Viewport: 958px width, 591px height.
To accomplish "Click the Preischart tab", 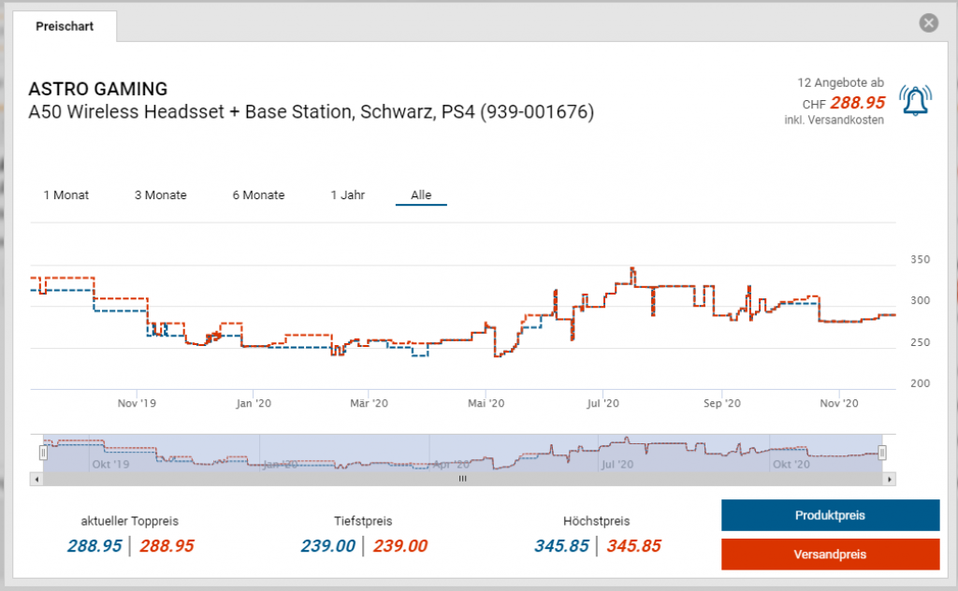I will [x=65, y=26].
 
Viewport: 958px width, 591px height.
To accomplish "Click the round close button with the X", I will [x=928, y=23].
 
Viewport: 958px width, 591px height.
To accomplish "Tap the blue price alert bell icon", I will [x=916, y=101].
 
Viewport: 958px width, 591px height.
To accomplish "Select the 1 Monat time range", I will [x=66, y=195].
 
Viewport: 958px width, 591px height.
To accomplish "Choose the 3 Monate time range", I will [x=160, y=195].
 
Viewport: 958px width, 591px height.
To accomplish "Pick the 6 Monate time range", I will [x=258, y=195].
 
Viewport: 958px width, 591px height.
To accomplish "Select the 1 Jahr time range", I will [x=347, y=195].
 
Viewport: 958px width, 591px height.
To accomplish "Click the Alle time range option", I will [x=421, y=195].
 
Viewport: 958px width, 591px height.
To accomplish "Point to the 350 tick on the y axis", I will [x=921, y=259].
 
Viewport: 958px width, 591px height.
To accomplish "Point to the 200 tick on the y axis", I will [x=921, y=383].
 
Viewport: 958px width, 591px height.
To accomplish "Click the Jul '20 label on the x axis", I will [x=602, y=404].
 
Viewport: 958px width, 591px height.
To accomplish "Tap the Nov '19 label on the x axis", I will [x=137, y=404].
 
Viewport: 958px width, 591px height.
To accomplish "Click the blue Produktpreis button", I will [x=830, y=515].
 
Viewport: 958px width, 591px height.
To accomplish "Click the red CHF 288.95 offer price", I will [x=857, y=103].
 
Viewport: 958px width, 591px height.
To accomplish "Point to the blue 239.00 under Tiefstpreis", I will [x=327, y=546].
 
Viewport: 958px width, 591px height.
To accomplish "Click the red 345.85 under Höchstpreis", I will [x=634, y=546].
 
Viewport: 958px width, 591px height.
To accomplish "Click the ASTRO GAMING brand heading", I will [x=98, y=90].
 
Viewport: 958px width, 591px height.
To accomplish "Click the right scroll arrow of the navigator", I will [x=890, y=479].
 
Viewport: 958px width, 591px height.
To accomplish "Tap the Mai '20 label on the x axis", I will [x=485, y=404].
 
